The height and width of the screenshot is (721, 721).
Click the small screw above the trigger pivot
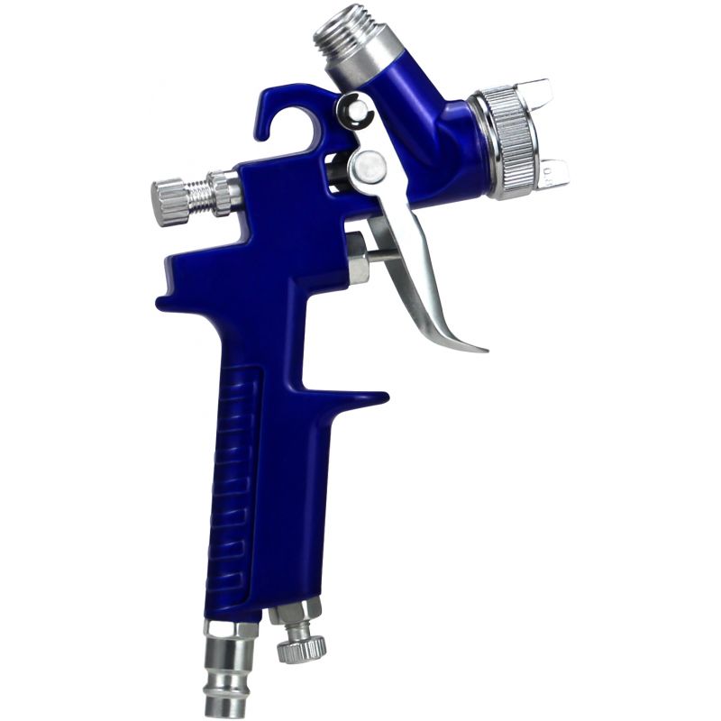click(354, 111)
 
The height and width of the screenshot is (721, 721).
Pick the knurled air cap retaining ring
click(510, 139)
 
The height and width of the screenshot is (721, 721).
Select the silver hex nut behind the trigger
click(357, 256)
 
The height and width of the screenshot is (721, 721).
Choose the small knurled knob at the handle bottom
click(300, 650)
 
